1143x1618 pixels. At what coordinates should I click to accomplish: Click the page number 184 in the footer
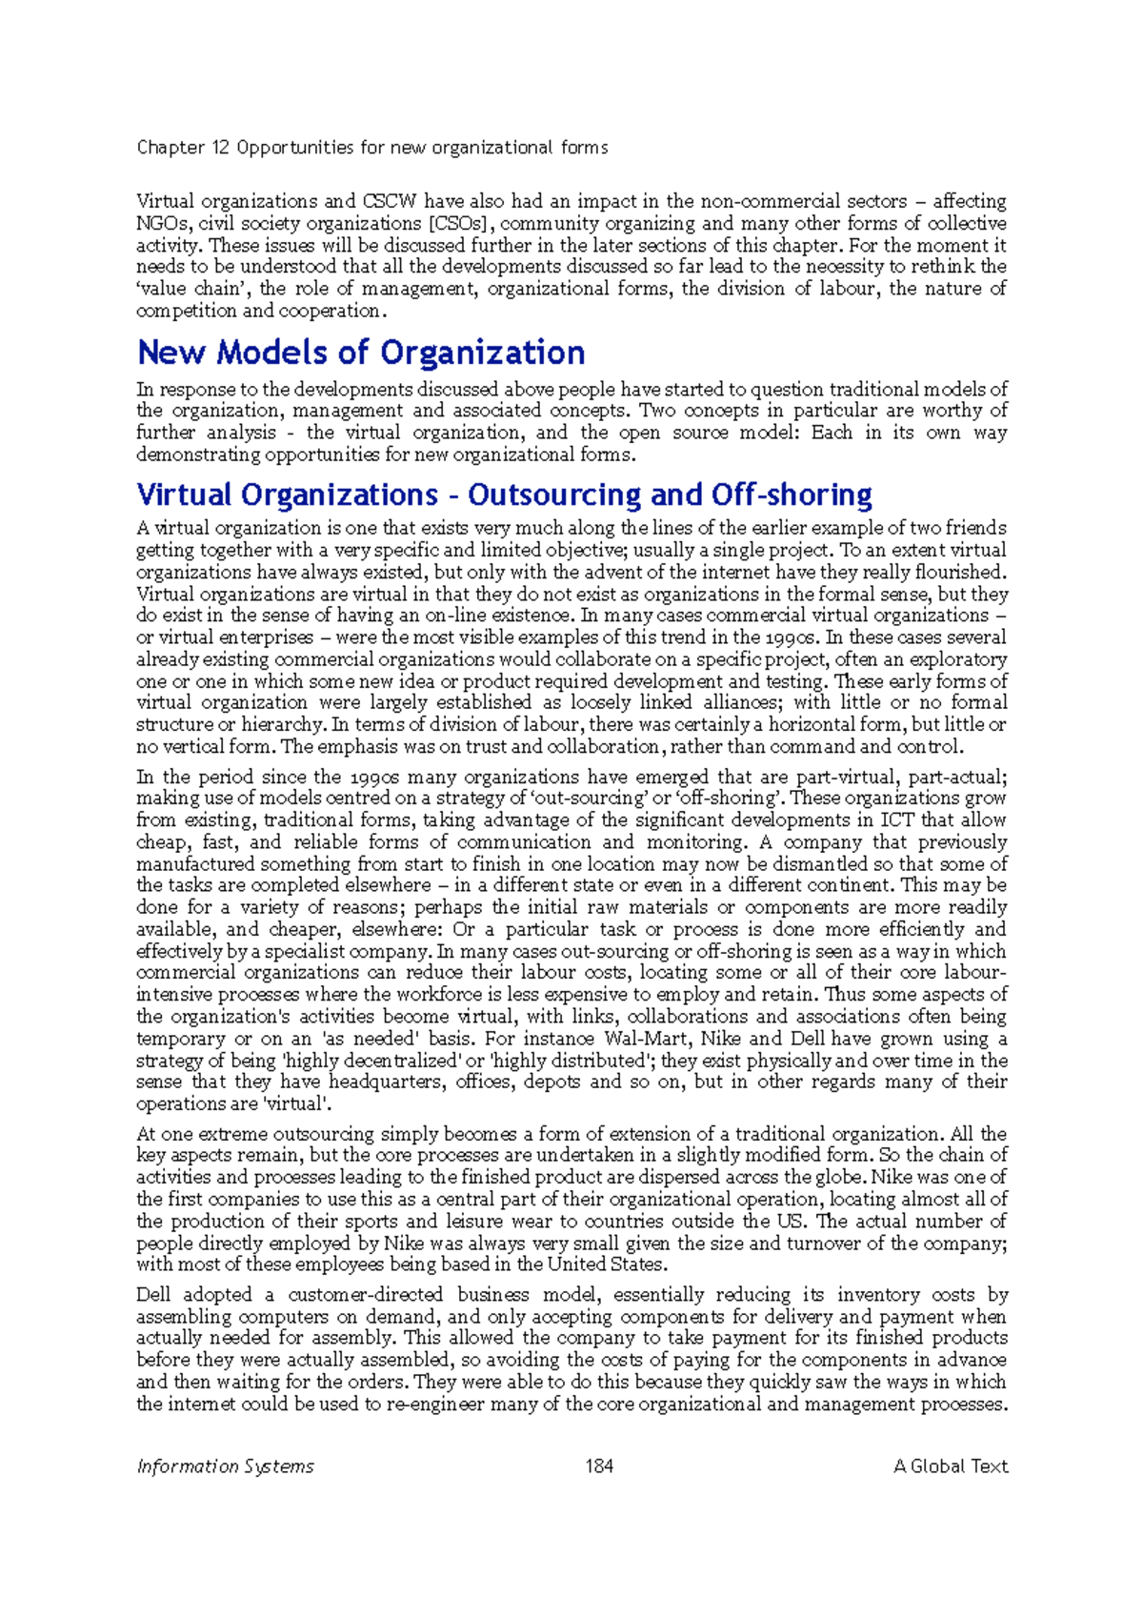[x=599, y=1466]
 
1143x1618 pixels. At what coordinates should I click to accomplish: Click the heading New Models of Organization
[x=361, y=353]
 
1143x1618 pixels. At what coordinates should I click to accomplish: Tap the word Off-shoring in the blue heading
[x=792, y=495]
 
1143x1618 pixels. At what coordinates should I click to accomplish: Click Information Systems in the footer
[x=225, y=1466]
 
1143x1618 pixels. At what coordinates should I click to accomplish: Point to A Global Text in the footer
[x=950, y=1466]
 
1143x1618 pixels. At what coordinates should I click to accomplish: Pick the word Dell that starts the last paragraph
[x=153, y=1295]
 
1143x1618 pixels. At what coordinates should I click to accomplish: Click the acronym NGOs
[x=162, y=223]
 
